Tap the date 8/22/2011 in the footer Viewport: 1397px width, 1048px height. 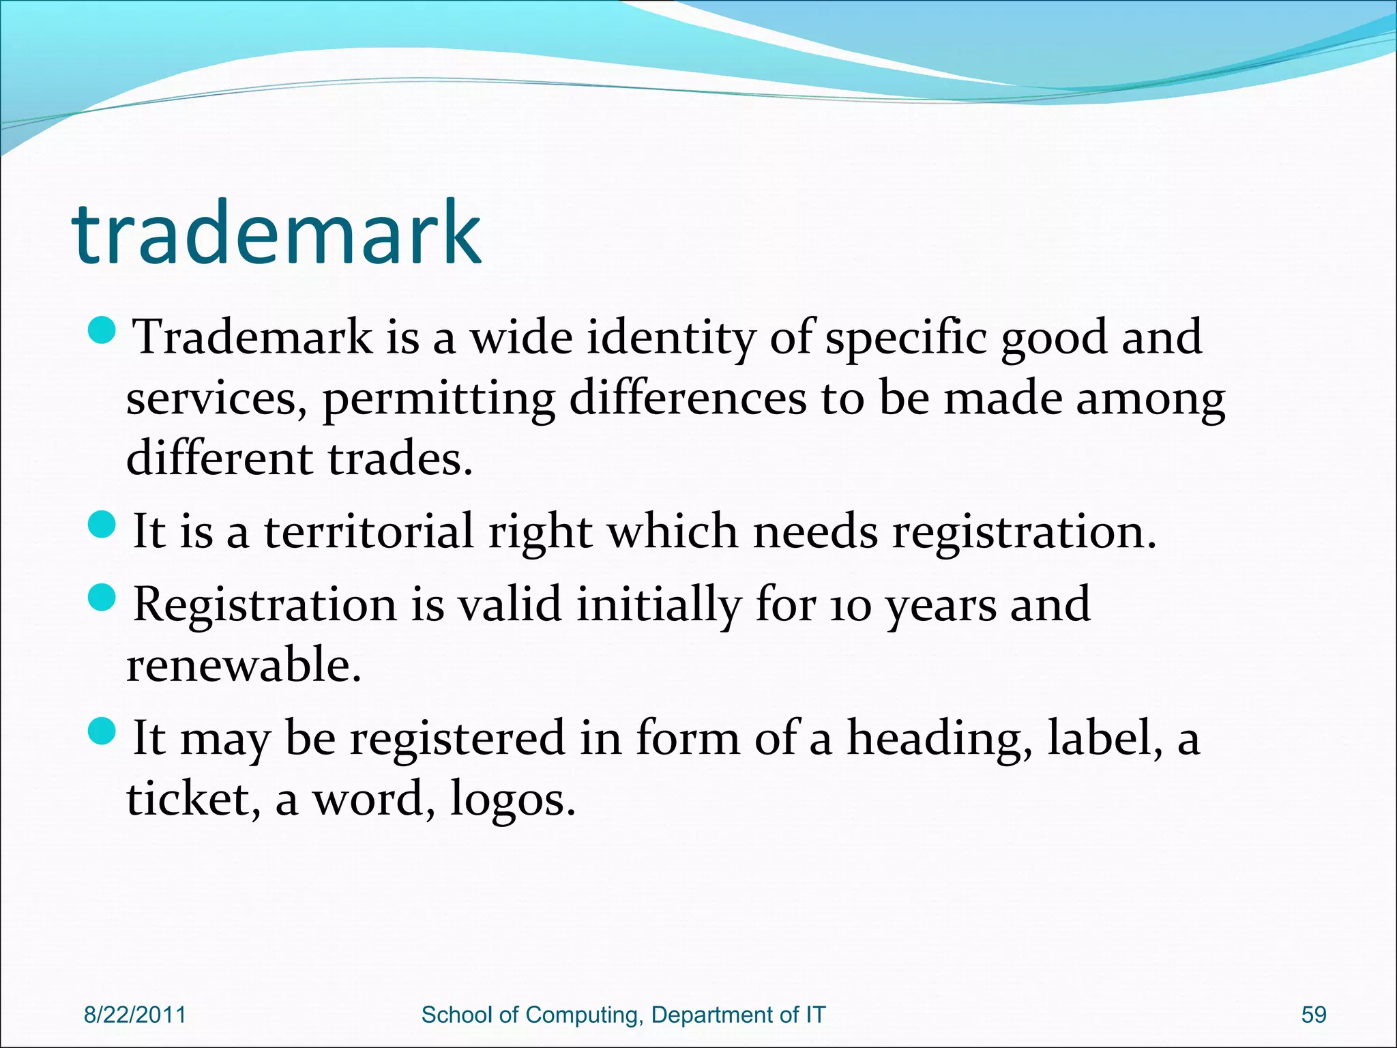[134, 1015]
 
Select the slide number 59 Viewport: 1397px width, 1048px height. [1314, 1015]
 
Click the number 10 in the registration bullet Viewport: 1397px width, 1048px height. [850, 607]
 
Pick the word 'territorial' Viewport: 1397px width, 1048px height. [368, 532]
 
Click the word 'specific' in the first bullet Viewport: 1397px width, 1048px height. [906, 338]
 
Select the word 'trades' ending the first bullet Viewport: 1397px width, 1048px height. [396, 458]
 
